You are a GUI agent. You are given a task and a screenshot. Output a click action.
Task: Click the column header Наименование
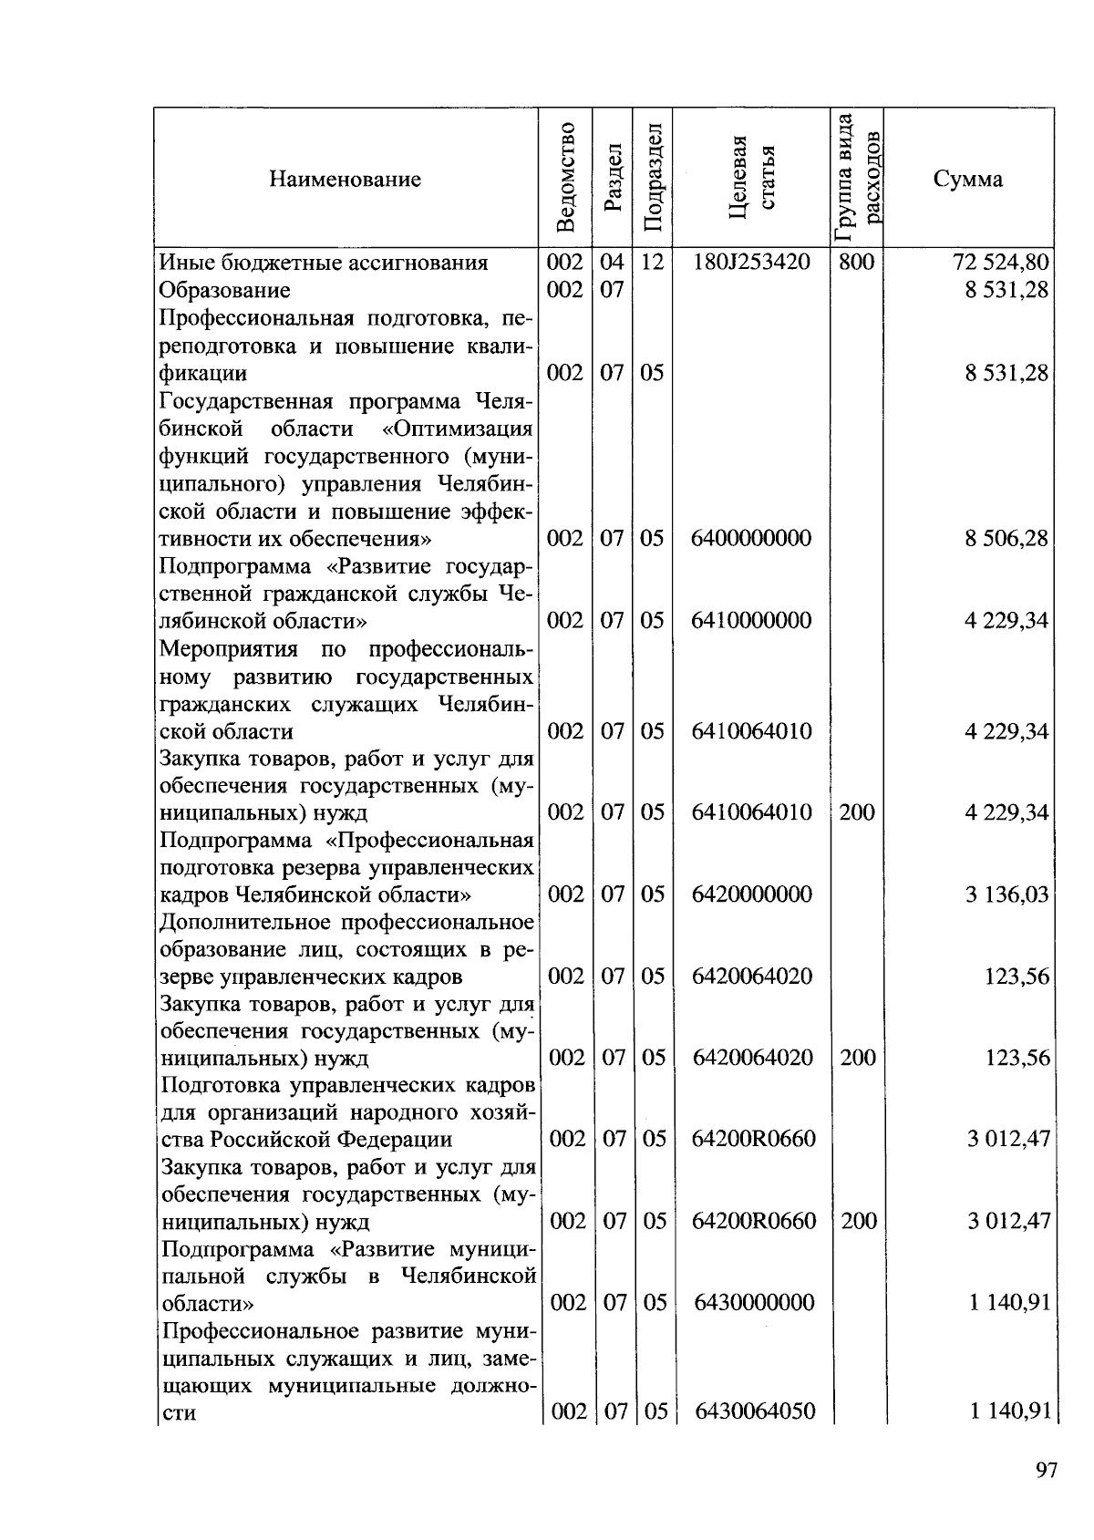click(x=345, y=179)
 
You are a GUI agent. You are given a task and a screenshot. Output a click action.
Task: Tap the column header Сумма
click(x=967, y=179)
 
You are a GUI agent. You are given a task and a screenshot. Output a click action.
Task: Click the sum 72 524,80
click(x=1001, y=263)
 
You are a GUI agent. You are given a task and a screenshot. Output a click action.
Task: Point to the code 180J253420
click(x=751, y=263)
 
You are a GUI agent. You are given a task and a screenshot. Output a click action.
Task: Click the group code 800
click(x=856, y=263)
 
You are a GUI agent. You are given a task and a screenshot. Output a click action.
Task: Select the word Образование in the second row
click(x=224, y=290)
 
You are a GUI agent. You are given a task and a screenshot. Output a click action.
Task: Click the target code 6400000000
click(x=751, y=538)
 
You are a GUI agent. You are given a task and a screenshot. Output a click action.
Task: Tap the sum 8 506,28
click(x=1006, y=538)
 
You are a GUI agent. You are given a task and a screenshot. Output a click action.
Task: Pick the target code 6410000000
click(x=751, y=621)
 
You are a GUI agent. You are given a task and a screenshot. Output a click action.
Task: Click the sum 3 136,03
click(x=1006, y=894)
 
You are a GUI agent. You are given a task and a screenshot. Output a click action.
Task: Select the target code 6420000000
click(x=751, y=894)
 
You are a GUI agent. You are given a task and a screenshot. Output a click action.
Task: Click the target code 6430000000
click(x=753, y=1302)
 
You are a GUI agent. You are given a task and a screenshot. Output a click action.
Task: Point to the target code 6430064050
click(x=753, y=1411)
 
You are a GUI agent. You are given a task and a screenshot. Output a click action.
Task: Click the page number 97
click(x=1046, y=1470)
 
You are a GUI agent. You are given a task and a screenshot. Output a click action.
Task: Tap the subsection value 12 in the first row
click(x=651, y=263)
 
